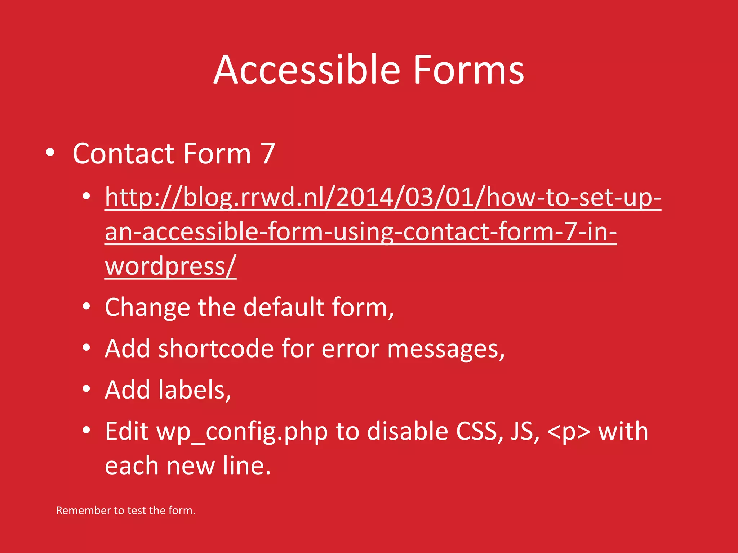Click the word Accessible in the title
(307, 70)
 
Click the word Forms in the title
(468, 70)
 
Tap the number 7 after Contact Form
(268, 154)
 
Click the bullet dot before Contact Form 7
(50, 153)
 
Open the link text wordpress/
(170, 266)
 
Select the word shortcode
(216, 349)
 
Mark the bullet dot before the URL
(86, 197)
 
